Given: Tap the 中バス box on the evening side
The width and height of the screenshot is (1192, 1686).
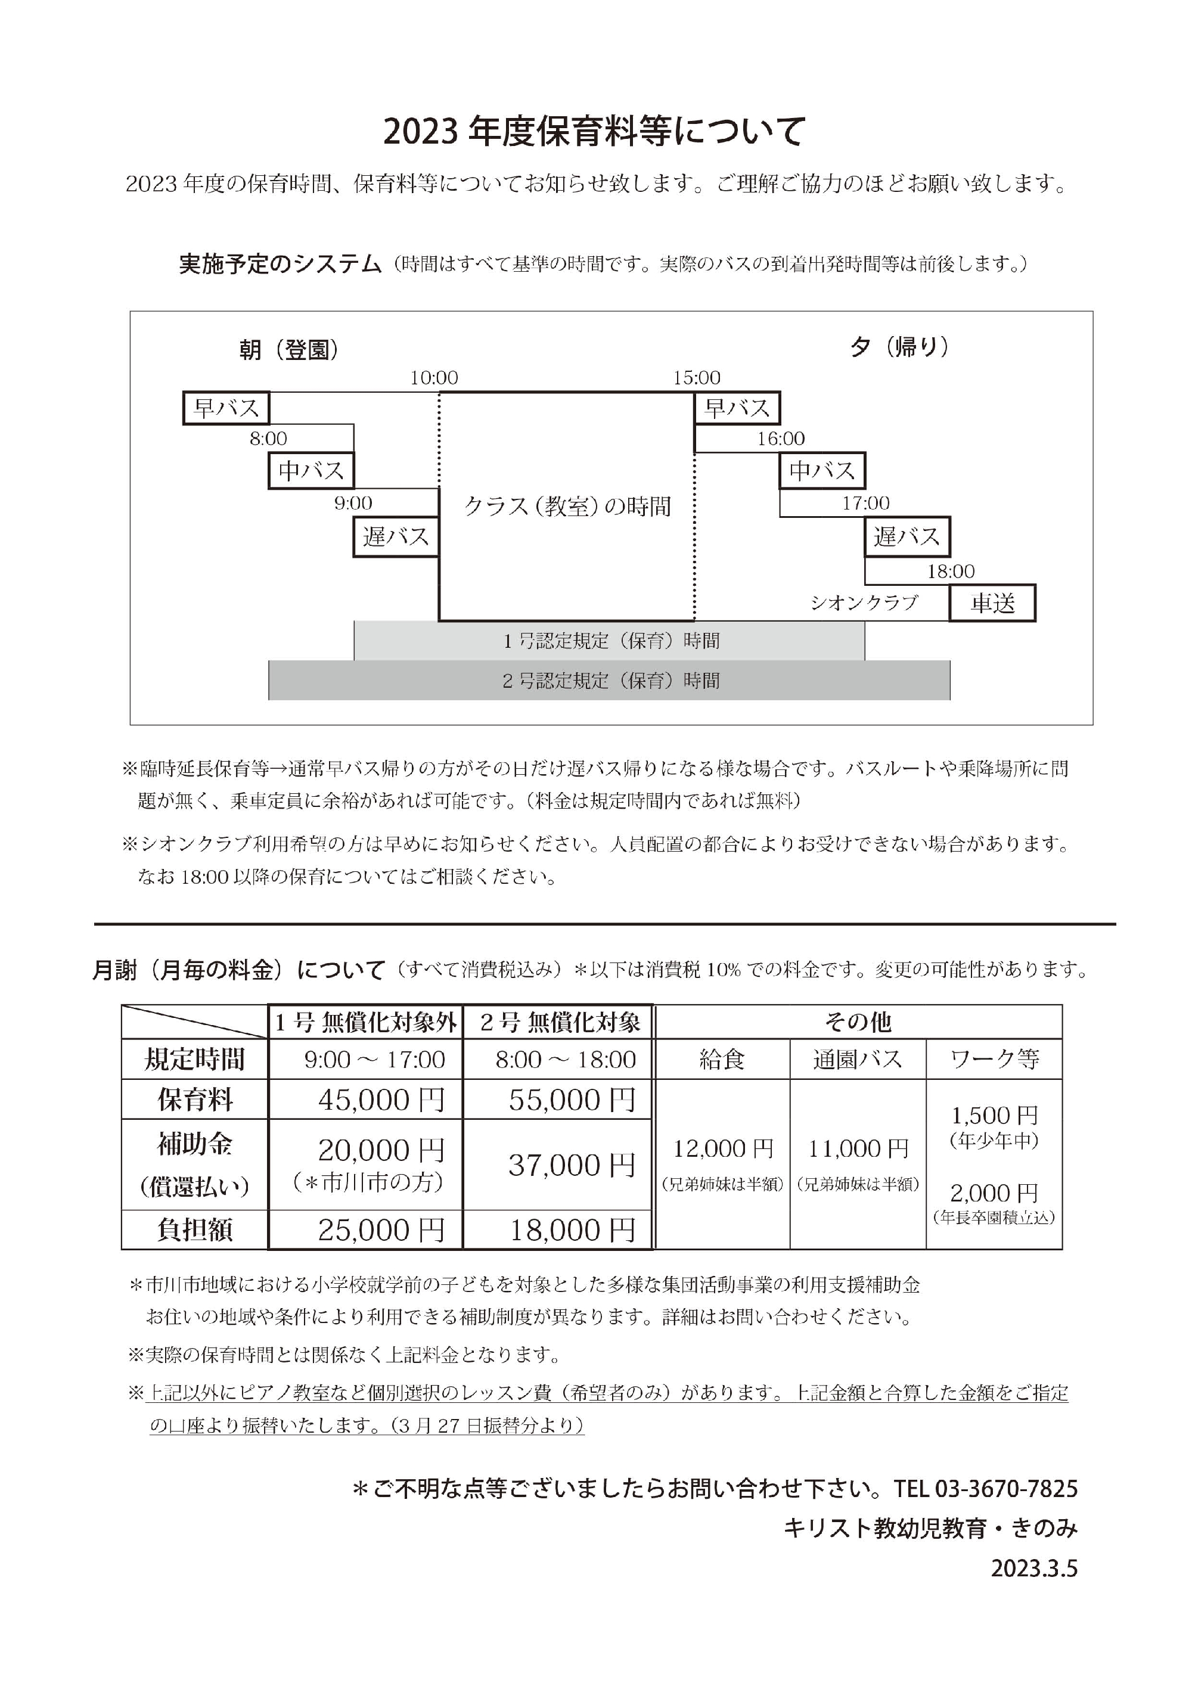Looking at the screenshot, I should tap(822, 471).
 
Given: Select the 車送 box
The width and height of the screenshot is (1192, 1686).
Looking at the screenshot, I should tap(992, 603).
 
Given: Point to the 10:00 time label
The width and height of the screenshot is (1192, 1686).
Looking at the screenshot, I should tap(434, 378).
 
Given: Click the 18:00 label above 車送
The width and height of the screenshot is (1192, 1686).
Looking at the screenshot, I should tap(951, 572).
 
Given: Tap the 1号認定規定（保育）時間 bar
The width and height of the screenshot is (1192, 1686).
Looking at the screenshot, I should tap(610, 641).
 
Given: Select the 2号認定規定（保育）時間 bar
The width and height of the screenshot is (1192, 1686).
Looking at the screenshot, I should tap(610, 681).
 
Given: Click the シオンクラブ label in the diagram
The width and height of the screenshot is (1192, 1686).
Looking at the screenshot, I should tap(864, 603).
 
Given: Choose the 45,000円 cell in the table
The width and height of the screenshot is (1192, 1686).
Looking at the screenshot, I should tap(381, 1100).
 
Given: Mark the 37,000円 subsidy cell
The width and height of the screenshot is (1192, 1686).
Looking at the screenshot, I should tap(572, 1165).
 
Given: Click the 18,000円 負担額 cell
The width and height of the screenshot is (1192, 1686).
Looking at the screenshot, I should tap(572, 1230).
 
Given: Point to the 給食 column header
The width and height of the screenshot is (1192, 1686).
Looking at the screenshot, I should tap(722, 1060).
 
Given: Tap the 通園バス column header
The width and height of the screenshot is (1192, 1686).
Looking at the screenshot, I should tap(857, 1060).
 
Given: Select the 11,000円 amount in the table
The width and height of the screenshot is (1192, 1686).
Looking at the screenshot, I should tap(858, 1148).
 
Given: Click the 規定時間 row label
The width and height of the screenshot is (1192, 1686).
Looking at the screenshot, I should tap(195, 1060).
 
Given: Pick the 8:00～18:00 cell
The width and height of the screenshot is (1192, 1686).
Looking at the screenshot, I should tap(565, 1060).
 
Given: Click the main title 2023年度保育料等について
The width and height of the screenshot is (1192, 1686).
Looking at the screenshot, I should tap(595, 132).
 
